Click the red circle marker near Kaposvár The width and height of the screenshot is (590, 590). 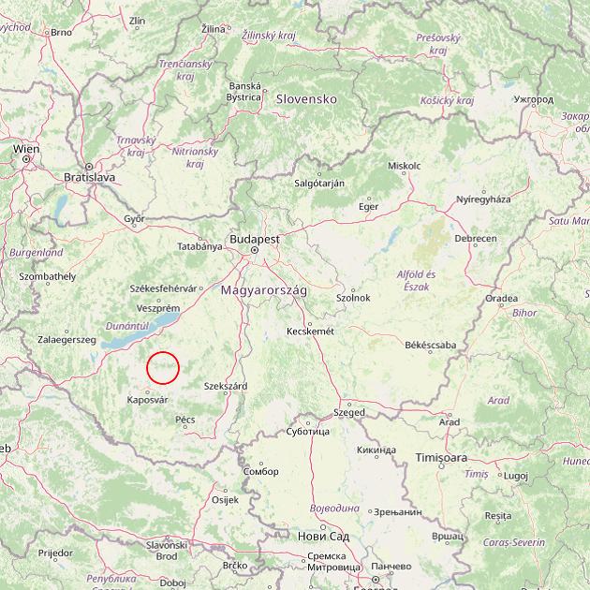(x=163, y=367)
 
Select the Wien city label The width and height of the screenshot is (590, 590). (x=26, y=148)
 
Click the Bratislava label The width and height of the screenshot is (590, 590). (x=89, y=176)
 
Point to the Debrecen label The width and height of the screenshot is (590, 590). (x=476, y=239)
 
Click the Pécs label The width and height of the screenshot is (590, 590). (x=184, y=420)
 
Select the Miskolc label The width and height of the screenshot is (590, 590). (x=404, y=166)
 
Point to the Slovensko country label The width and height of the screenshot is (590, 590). (x=305, y=98)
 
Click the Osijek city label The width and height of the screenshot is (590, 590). (x=226, y=499)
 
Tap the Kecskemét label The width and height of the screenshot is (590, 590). (x=309, y=331)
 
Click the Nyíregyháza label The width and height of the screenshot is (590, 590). (x=483, y=199)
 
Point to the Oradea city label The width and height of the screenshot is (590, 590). (x=501, y=299)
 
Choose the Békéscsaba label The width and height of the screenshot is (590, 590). (x=430, y=345)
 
